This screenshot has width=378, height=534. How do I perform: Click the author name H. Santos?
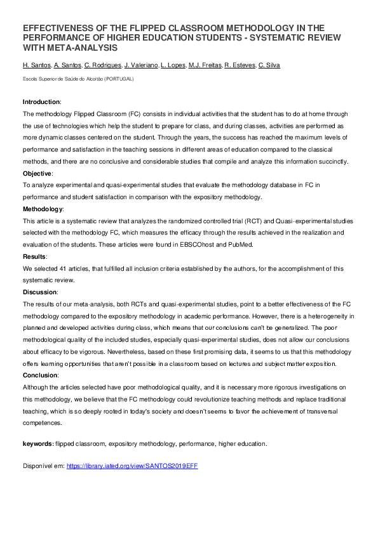[x=36, y=65]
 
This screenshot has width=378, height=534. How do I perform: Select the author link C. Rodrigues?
[x=102, y=65]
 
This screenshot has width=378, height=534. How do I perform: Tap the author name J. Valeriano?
[x=141, y=65]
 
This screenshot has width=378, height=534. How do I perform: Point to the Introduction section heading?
[x=41, y=102]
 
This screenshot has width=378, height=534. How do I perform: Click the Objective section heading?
[x=37, y=173]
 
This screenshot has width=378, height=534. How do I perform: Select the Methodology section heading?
[x=43, y=209]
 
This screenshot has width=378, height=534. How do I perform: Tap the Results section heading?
[x=35, y=256]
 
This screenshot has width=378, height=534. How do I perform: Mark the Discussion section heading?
[x=40, y=292]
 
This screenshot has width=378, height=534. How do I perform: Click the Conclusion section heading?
[x=40, y=375]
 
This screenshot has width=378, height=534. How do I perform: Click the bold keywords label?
[x=38, y=443]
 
